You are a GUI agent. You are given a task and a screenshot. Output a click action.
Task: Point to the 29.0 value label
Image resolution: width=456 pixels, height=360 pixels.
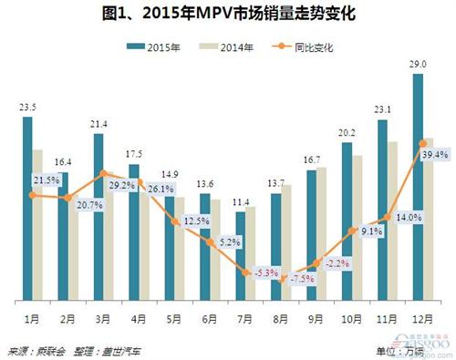[418, 64]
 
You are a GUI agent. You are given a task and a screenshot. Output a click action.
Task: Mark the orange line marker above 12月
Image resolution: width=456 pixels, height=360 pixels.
[423, 142]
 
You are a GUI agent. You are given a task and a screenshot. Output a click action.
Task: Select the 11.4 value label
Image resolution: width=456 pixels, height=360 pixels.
[241, 202]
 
